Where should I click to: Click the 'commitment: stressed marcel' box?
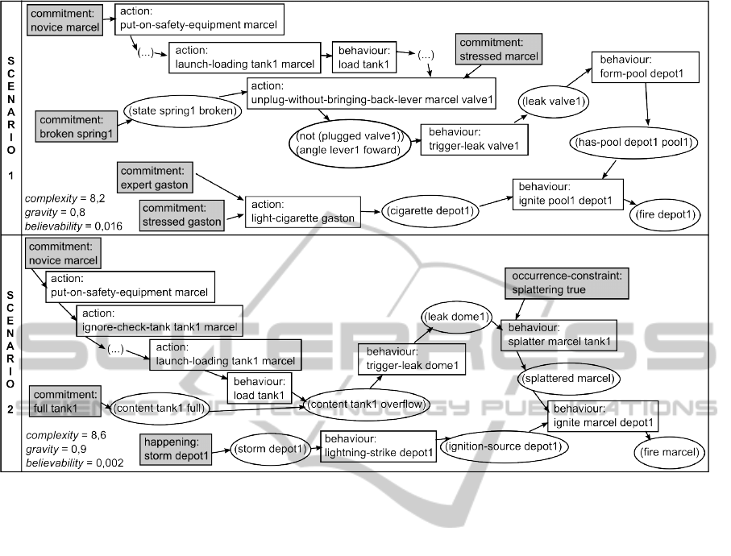[498, 49]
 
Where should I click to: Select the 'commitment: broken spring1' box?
[77, 127]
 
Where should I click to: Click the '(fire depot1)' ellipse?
[665, 215]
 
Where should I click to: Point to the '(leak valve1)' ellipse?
[554, 101]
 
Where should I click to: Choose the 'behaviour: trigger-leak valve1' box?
[472, 139]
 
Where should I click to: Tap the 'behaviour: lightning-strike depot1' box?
[379, 446]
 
